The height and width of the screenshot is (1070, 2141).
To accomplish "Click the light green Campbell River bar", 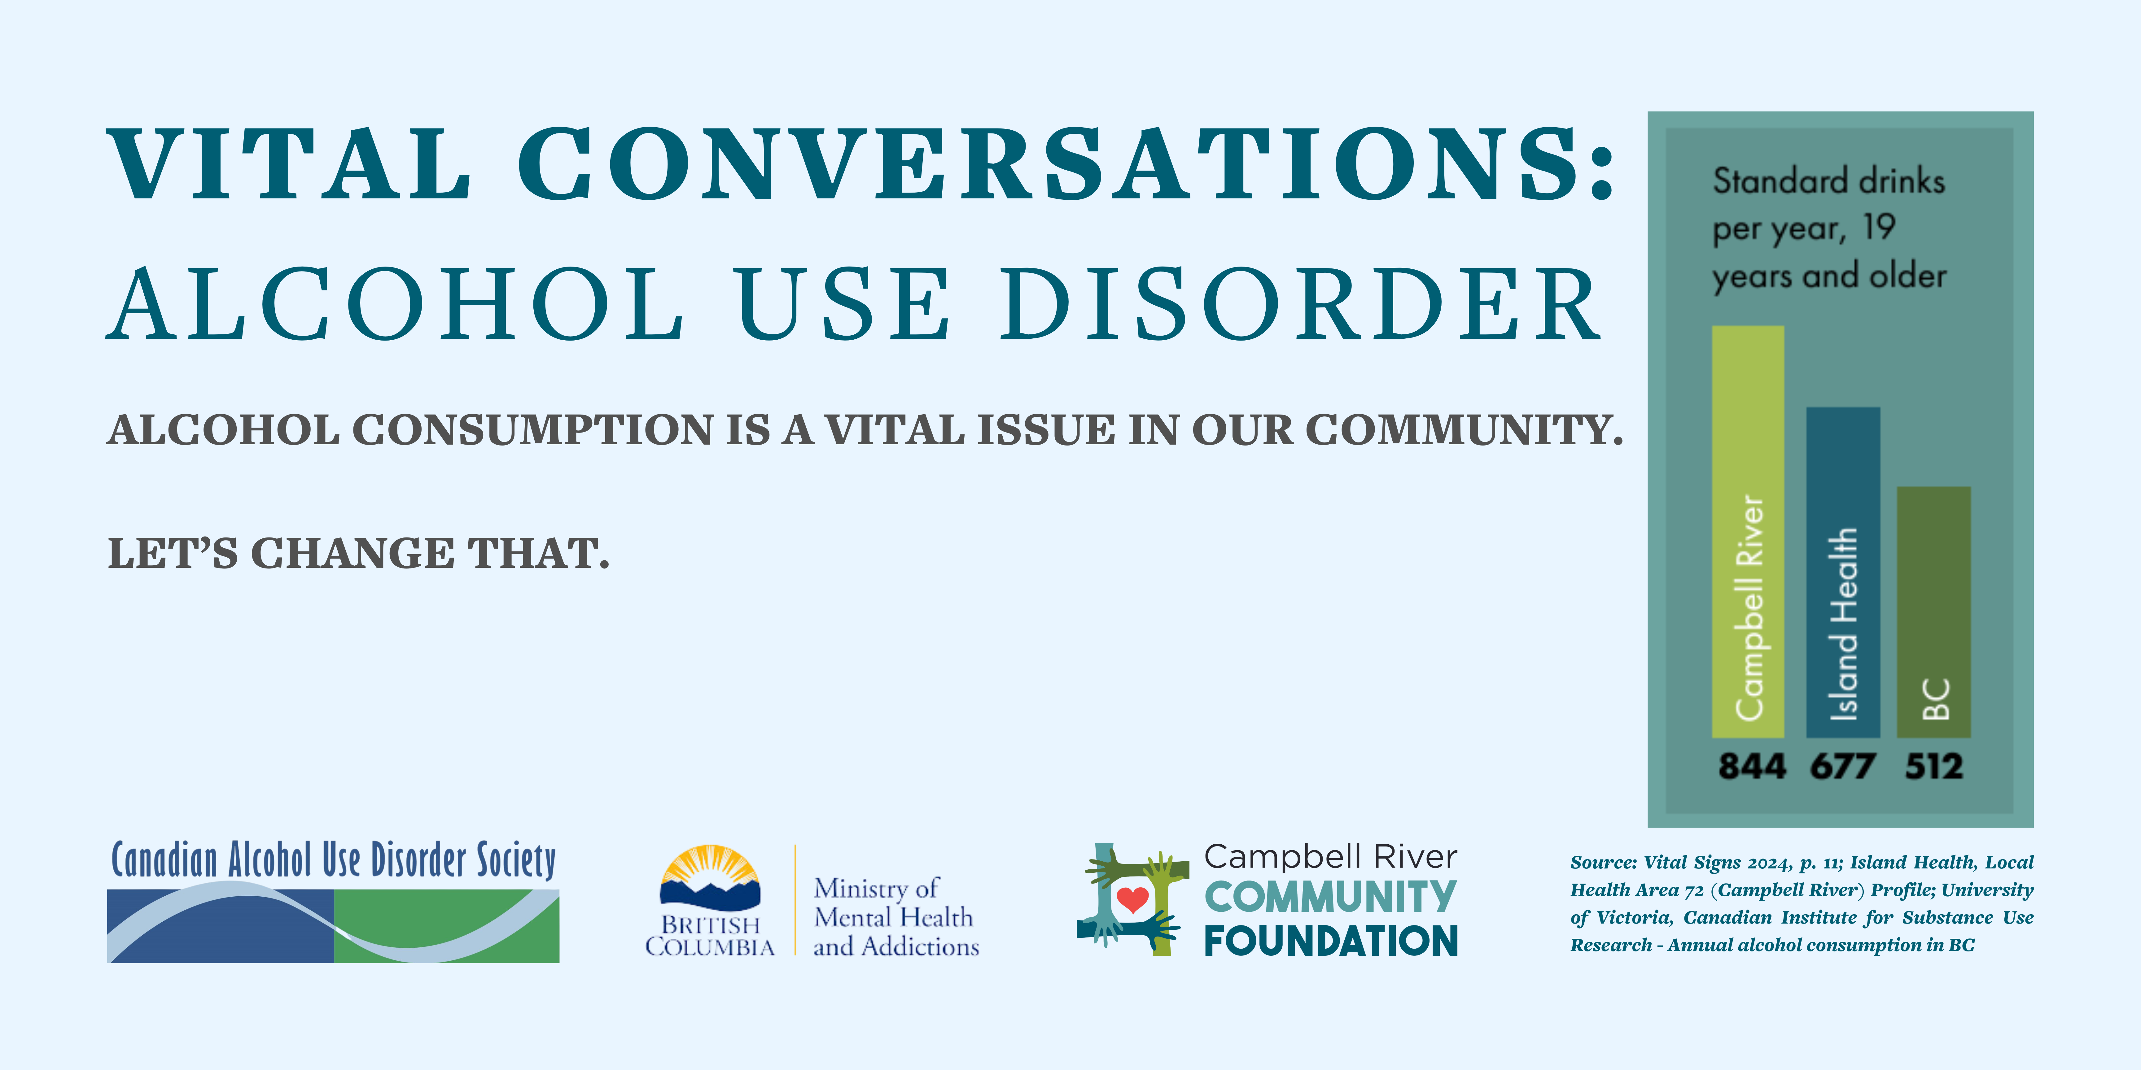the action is click(1748, 532).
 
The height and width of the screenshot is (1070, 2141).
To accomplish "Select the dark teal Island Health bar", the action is click(1843, 572).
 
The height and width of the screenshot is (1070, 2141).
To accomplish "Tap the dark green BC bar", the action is click(1933, 612).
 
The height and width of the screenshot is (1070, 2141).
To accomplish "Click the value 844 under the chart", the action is click(1751, 766).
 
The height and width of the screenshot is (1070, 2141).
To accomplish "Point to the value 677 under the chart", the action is click(1843, 766).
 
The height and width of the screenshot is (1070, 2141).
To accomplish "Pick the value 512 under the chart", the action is click(1934, 766).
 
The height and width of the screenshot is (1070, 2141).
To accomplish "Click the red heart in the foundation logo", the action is click(1132, 900).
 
